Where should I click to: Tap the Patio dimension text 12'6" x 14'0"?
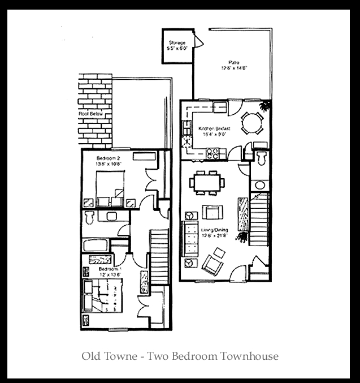point(234,68)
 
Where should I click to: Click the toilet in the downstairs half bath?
point(261,157)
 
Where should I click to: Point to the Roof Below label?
point(90,114)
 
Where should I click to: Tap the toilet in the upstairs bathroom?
point(89,217)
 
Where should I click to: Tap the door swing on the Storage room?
point(199,41)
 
